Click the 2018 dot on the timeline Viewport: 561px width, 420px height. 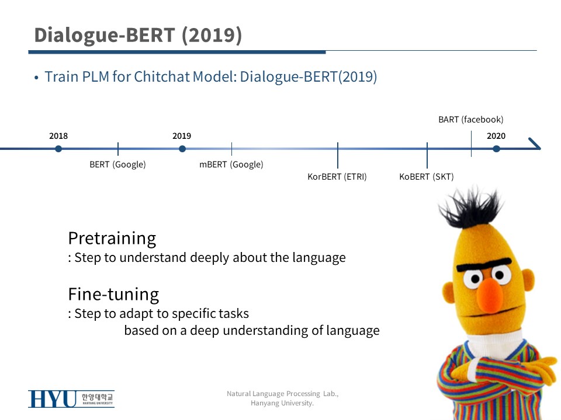click(x=58, y=149)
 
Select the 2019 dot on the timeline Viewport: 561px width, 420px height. click(x=182, y=149)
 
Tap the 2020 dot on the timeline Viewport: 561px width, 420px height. click(x=496, y=149)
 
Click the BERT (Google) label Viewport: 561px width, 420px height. click(x=117, y=164)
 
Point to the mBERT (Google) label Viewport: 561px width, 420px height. click(x=231, y=164)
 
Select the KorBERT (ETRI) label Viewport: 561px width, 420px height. click(x=337, y=176)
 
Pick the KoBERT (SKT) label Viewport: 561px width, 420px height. click(x=427, y=176)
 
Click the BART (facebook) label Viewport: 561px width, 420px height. click(x=471, y=119)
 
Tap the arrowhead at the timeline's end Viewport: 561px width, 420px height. click(x=535, y=143)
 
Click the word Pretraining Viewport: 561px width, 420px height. click(x=112, y=239)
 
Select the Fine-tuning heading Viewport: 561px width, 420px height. click(x=113, y=294)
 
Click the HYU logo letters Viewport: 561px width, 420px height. click(x=52, y=399)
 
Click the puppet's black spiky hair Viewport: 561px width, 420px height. click(x=470, y=207)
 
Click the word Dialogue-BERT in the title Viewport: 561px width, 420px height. click(x=105, y=35)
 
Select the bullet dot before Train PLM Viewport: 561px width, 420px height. click(x=36, y=78)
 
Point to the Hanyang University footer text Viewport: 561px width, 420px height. click(x=282, y=403)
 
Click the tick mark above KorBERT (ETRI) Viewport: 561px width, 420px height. click(x=337, y=155)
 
